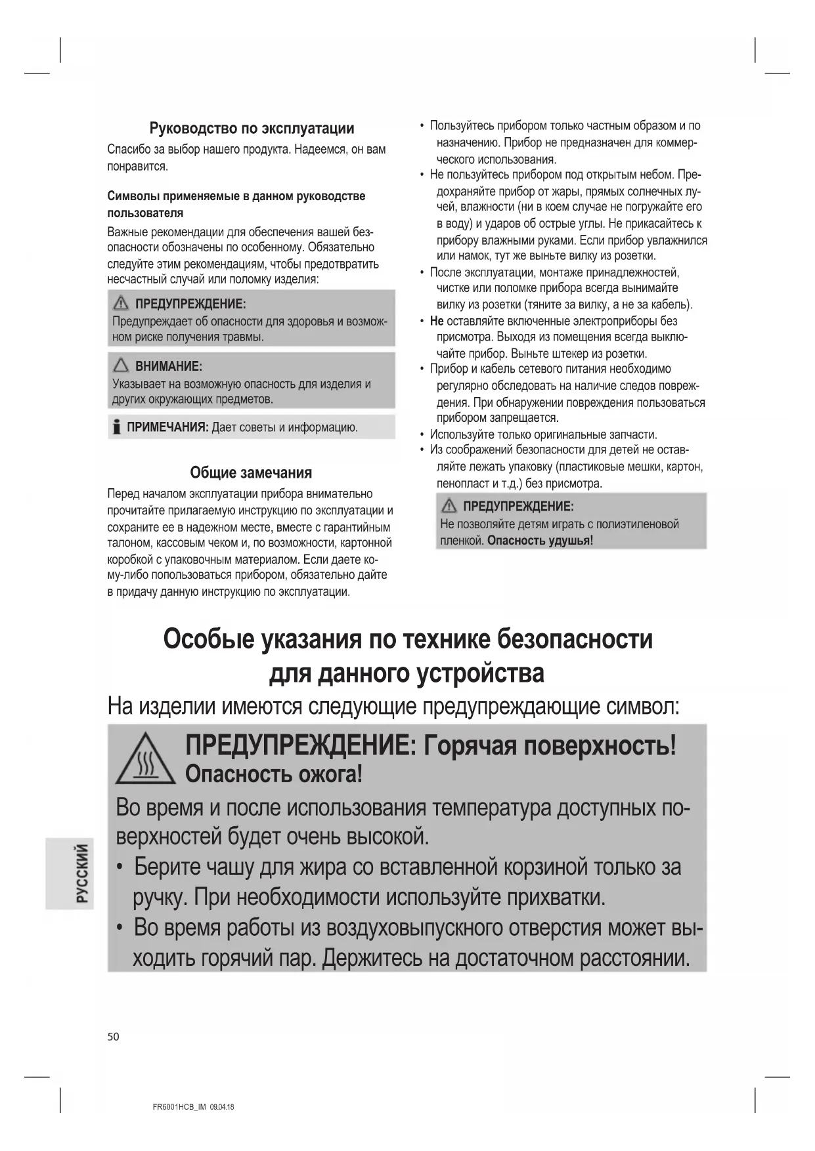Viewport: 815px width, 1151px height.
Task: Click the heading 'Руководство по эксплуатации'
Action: pos(252,128)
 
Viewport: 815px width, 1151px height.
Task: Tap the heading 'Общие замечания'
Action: pos(251,472)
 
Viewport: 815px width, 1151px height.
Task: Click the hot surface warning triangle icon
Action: pos(145,760)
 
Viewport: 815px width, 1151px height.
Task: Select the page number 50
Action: pos(114,1036)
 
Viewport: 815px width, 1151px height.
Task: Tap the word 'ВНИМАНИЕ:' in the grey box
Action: pos(169,366)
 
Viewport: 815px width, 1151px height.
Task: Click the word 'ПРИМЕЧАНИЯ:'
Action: pos(167,427)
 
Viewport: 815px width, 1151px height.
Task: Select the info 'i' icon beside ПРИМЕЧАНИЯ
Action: pos(116,427)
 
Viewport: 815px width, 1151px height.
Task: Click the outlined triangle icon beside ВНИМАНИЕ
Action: pos(121,366)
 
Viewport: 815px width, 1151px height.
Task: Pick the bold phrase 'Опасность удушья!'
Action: pos(540,541)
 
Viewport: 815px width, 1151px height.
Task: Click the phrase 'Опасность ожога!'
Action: pos(273,774)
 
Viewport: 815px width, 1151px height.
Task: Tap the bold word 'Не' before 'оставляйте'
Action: pos(437,321)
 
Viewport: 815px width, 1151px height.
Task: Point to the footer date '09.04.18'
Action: pos(222,1107)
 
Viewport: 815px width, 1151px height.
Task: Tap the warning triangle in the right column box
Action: pos(449,506)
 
